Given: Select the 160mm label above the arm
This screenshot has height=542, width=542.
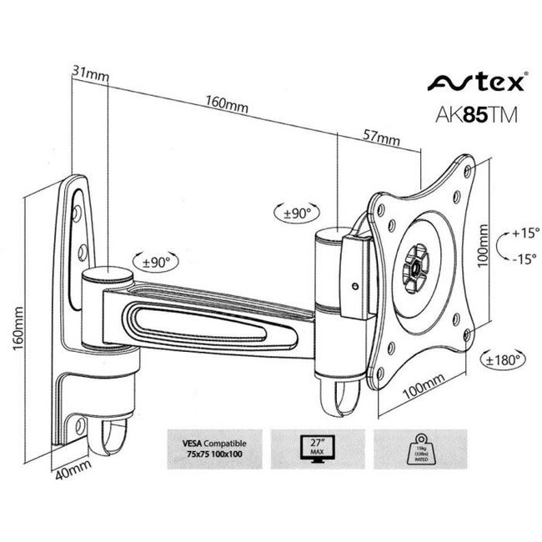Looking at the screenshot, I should pyautogui.click(x=226, y=106).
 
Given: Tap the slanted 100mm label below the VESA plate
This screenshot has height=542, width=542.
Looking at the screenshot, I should pyautogui.click(x=420, y=389).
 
